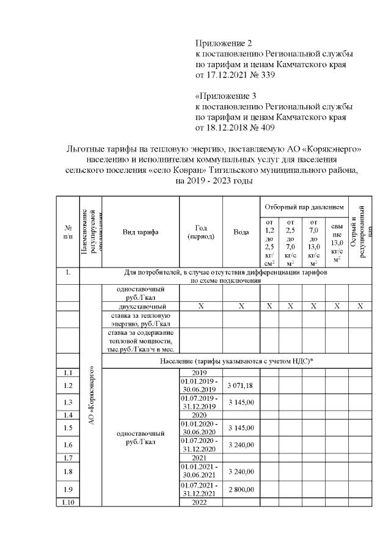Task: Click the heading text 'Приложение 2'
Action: click(224, 43)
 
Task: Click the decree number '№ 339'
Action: click(262, 75)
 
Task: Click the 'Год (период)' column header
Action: click(200, 232)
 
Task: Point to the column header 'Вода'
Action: click(241, 232)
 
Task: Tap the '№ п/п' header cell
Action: click(68, 232)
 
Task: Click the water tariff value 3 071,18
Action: click(241, 385)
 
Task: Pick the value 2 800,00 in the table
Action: click(241, 489)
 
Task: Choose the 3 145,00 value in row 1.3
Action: click(241, 402)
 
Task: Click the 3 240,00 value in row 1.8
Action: click(241, 471)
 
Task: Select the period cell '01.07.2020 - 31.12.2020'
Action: click(200, 444)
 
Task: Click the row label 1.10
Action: click(68, 502)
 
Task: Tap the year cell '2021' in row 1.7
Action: click(200, 458)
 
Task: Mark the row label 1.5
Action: click(68, 428)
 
